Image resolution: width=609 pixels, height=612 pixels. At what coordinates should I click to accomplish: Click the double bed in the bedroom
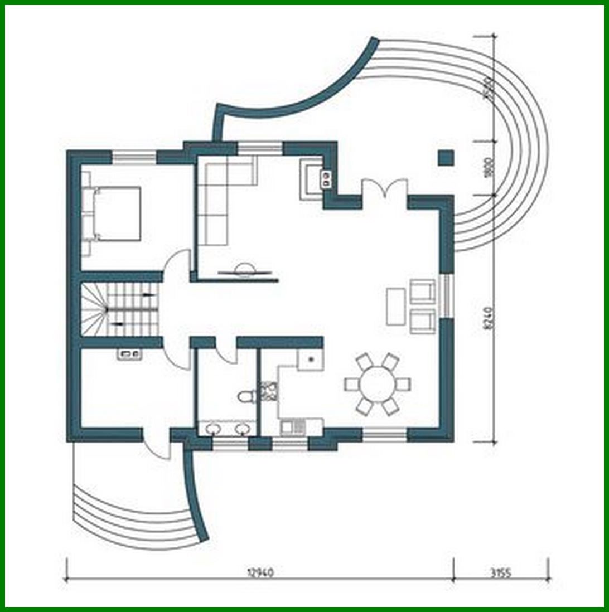point(114,214)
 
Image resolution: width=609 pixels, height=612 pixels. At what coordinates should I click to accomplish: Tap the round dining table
point(378,384)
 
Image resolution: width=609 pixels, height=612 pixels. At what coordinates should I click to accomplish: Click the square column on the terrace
point(446,158)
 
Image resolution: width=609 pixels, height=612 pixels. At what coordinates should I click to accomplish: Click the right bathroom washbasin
point(242,429)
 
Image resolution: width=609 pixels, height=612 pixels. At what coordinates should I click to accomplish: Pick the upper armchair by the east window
point(422,292)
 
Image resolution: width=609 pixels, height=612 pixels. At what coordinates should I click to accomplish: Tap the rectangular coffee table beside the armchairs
point(395,306)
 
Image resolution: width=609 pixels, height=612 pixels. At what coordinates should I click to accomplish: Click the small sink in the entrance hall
point(129,353)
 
